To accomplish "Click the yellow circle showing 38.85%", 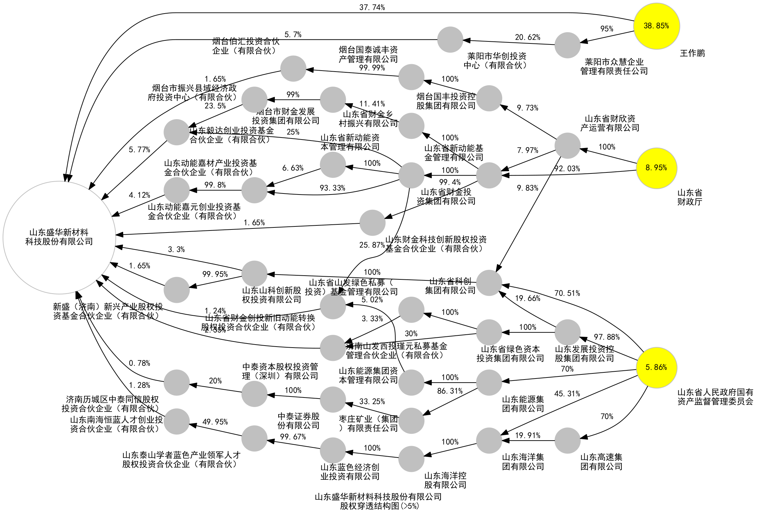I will coord(656,26).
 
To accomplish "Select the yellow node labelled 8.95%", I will coord(656,168).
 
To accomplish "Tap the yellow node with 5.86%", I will coord(656,367).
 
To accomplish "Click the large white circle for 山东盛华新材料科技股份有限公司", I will coord(59,237).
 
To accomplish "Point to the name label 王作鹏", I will coord(692,53).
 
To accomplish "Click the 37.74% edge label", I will coord(372,7).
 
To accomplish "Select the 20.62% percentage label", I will coord(527,37).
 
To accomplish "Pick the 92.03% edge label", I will coord(567,169).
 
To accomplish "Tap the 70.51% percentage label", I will coord(567,293).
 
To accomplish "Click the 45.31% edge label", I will coord(567,394).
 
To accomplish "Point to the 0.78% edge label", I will coord(139,363).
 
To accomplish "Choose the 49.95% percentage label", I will coord(215,422).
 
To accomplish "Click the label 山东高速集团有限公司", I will coord(601,462).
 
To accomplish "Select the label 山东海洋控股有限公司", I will coord(445,480).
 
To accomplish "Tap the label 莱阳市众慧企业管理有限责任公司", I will coord(614,67).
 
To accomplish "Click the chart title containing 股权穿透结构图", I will coord(378,501).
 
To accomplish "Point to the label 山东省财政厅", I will coord(689,197).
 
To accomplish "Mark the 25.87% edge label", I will coord(372,245).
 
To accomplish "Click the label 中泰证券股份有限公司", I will coord(298,421).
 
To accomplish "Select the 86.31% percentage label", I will coord(450,391).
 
